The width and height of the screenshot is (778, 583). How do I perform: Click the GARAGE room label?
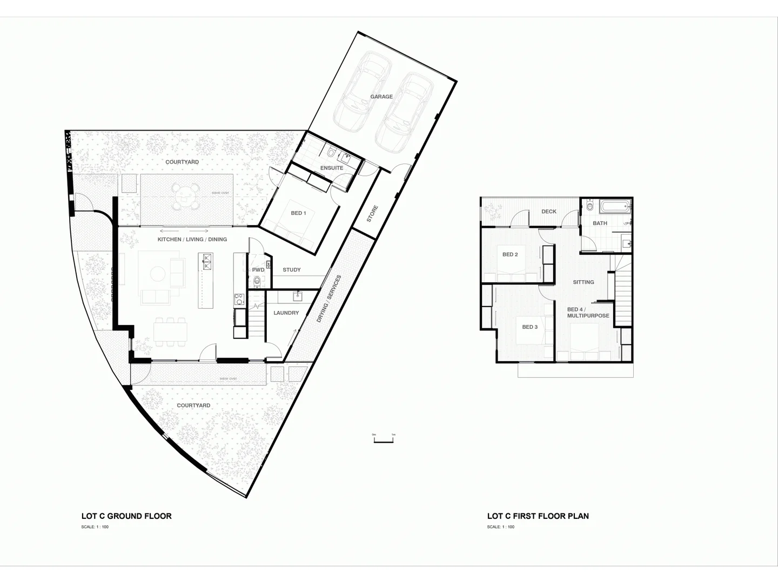tap(381, 97)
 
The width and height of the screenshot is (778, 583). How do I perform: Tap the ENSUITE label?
tap(332, 168)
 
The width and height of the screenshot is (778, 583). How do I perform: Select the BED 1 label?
tap(298, 213)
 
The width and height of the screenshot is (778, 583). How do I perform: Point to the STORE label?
tap(372, 214)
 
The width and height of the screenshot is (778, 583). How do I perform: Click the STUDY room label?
tap(292, 270)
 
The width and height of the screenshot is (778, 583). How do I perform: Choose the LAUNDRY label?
tap(286, 313)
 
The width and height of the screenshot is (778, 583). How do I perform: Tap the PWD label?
tap(258, 270)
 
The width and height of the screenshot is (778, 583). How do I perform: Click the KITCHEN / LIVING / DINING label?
tap(192, 239)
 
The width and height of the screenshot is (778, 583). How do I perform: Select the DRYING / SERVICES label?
tap(329, 299)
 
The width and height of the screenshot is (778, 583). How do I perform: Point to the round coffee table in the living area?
tap(157, 274)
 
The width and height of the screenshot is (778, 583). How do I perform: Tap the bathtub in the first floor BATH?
tap(615, 206)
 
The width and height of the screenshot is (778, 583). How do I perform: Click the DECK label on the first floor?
tap(549, 212)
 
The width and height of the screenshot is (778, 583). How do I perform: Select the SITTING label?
tap(583, 282)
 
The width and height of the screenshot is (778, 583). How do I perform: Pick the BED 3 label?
tap(530, 327)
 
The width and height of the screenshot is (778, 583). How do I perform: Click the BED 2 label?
tap(510, 255)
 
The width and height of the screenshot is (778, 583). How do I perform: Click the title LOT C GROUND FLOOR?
tap(126, 516)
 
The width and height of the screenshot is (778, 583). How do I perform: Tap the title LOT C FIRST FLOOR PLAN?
tap(538, 516)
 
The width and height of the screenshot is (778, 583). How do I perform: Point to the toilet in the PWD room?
tap(257, 281)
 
